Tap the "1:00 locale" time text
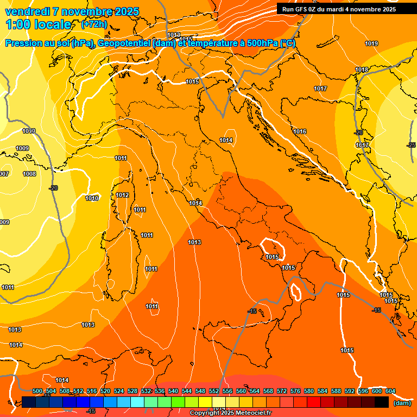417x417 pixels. pos(38,24)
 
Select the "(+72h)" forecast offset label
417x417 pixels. pos(94,24)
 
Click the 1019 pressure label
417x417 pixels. pos(371,43)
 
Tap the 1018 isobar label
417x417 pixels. pos(362,69)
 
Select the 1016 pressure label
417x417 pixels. pos(300,131)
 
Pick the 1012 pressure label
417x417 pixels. pos(122,195)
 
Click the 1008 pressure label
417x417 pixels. pos(29,174)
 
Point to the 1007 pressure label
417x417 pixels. pos(4,174)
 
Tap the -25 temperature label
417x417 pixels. pos(411,145)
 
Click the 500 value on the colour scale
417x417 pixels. pos(37,391)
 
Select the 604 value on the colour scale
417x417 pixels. pos(390,391)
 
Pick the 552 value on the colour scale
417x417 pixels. pos(214,391)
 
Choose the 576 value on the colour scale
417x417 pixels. pos(295,391)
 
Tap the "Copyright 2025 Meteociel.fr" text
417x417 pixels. pos(231,413)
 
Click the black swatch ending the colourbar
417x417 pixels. pos(382,402)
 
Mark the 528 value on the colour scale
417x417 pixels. pos(132,391)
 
